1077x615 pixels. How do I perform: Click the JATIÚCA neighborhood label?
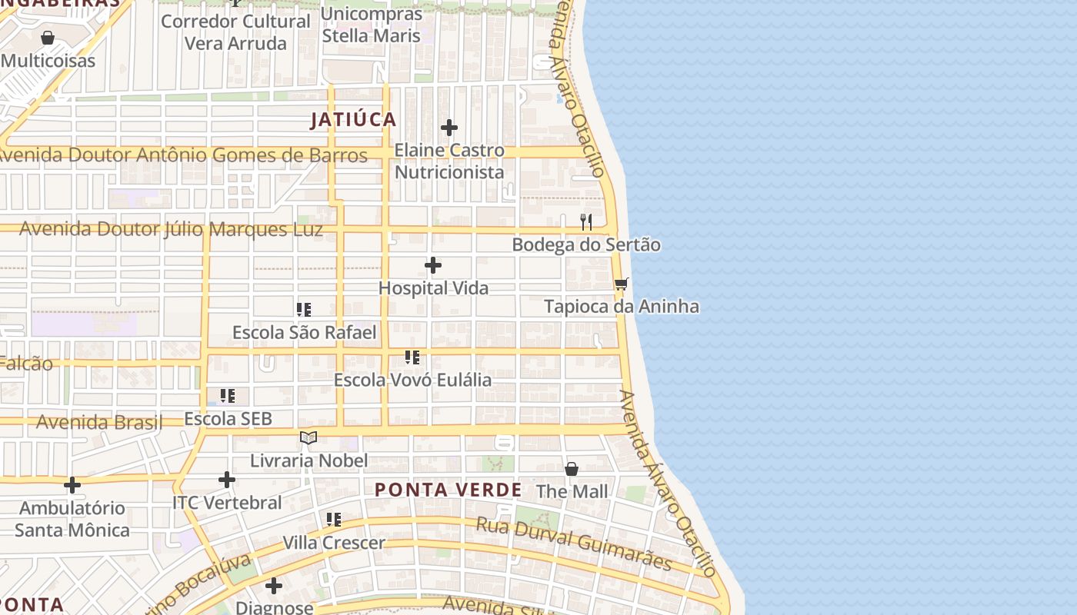tap(353, 120)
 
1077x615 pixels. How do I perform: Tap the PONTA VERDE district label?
tap(448, 490)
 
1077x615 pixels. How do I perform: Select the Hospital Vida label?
tap(434, 288)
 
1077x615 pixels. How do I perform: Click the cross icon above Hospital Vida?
tap(433, 265)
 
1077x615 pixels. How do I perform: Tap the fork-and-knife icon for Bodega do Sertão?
tap(586, 222)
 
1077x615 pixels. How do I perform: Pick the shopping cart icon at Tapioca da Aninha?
tap(622, 284)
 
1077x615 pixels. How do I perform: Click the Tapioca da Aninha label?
tap(622, 307)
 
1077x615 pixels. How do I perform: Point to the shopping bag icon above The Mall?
tap(572, 469)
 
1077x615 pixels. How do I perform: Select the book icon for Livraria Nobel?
tap(308, 437)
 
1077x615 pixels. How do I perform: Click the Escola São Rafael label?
tap(305, 333)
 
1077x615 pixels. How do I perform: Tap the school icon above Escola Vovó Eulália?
tap(412, 357)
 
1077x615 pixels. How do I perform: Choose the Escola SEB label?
tap(228, 419)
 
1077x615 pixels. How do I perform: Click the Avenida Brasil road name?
tap(99, 422)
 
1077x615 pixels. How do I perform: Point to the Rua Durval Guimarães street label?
tap(574, 544)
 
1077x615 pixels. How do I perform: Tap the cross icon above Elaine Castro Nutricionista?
tap(449, 128)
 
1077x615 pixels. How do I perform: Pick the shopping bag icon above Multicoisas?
tap(48, 38)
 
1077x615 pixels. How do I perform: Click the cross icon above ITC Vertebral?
tap(227, 480)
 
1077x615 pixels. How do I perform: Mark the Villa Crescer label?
tap(334, 543)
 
